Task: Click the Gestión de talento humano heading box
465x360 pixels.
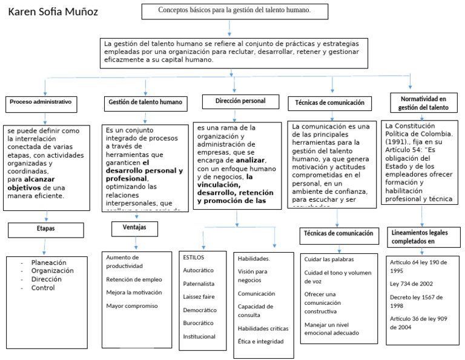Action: pos(145,102)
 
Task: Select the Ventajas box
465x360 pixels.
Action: pos(134,228)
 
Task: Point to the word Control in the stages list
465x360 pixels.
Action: pos(43,288)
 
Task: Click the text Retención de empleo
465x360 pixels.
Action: pos(133,279)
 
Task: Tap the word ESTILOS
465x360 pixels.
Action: pos(194,257)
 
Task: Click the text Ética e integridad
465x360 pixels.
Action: pos(261,341)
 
